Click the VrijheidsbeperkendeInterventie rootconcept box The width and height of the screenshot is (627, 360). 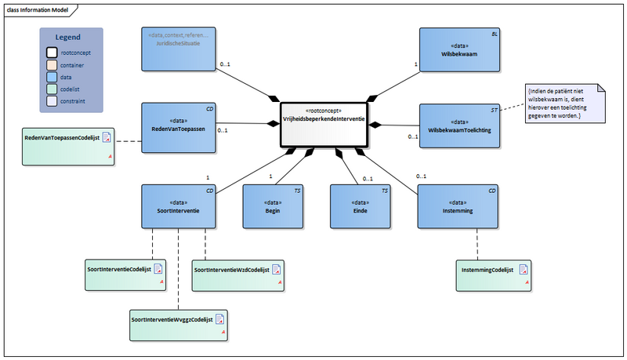point(324,124)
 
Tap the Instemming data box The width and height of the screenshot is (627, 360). point(458,206)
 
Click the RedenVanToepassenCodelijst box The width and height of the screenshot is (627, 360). point(68,146)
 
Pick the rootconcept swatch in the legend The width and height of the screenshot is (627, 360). point(51,53)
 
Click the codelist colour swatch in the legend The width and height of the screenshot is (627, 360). point(51,89)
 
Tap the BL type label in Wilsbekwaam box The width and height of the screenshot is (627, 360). point(493,35)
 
